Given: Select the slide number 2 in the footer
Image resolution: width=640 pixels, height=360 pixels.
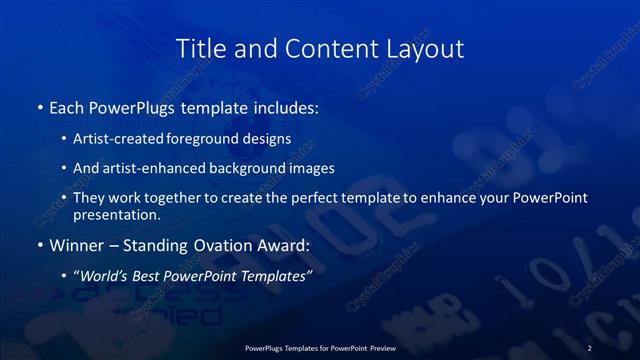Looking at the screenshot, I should point(590,347).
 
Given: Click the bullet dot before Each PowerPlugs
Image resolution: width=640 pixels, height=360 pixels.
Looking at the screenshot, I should point(39,106).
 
